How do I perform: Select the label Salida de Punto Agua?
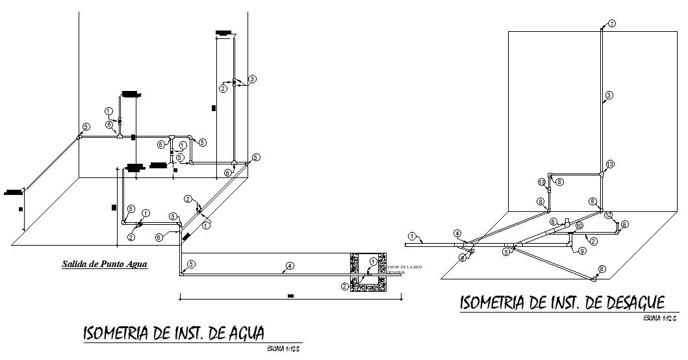[x=105, y=264]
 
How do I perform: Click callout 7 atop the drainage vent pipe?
[x=611, y=23]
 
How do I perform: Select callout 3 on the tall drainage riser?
[x=609, y=96]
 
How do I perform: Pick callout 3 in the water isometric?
[x=252, y=79]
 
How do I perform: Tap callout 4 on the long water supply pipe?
[x=290, y=265]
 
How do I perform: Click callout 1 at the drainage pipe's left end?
[x=412, y=235]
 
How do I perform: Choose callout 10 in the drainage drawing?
[x=579, y=225]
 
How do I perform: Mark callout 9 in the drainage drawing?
[x=582, y=250]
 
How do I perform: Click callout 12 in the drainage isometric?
[x=608, y=214]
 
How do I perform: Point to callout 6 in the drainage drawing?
[x=554, y=222]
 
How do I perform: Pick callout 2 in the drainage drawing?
[x=593, y=241]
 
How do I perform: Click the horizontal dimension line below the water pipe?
[x=290, y=300]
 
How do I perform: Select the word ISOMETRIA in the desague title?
[x=494, y=303]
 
